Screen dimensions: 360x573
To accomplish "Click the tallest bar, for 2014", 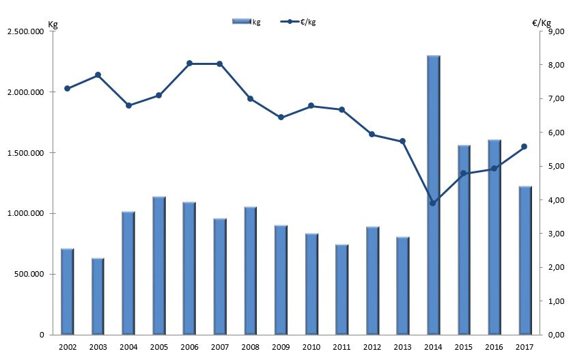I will (434, 195).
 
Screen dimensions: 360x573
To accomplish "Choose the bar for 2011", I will (342, 289).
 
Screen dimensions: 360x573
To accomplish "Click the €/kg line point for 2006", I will (189, 64).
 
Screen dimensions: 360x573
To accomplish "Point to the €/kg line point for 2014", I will (433, 203).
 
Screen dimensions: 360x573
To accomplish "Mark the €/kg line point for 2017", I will (525, 146).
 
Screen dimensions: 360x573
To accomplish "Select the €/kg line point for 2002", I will (67, 88).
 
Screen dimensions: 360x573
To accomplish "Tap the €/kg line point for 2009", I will (281, 117).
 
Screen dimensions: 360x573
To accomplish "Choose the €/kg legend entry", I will (298, 22).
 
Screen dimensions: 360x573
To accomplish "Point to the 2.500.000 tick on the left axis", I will (25, 31).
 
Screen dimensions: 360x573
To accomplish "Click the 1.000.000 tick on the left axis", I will (25, 214).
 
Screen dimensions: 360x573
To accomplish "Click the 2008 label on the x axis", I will (250, 348).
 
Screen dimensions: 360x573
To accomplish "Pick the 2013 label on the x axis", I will (402, 348).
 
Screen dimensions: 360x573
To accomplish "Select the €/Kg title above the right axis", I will (542, 22).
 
